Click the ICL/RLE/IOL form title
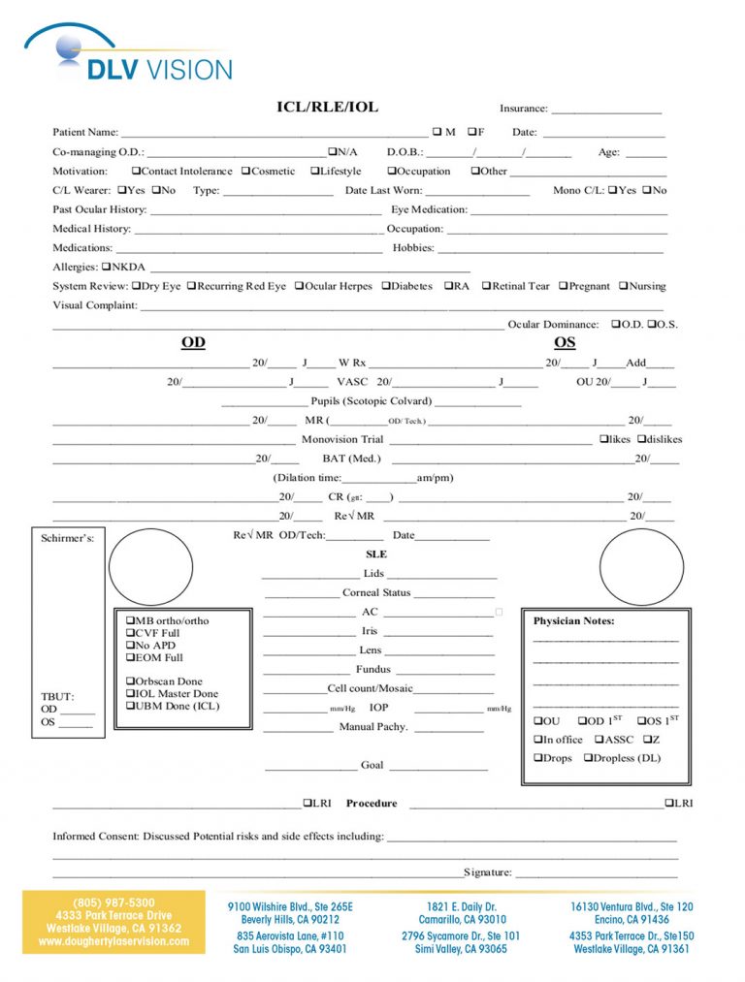pos(327,107)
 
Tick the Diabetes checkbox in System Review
pos(386,286)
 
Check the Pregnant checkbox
pos(563,286)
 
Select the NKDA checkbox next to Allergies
pos(106,267)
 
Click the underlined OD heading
pos(193,342)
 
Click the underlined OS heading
pos(565,342)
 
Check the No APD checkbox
pos(130,646)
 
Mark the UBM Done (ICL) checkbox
pos(130,706)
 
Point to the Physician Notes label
pos(573,620)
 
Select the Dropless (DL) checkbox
pos(588,758)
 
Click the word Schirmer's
pos(67,538)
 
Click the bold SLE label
pos(375,554)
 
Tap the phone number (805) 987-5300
pos(113,903)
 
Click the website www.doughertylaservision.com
pos(113,941)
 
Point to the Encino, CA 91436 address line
pos(632,920)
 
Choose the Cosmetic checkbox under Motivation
pos(245,172)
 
